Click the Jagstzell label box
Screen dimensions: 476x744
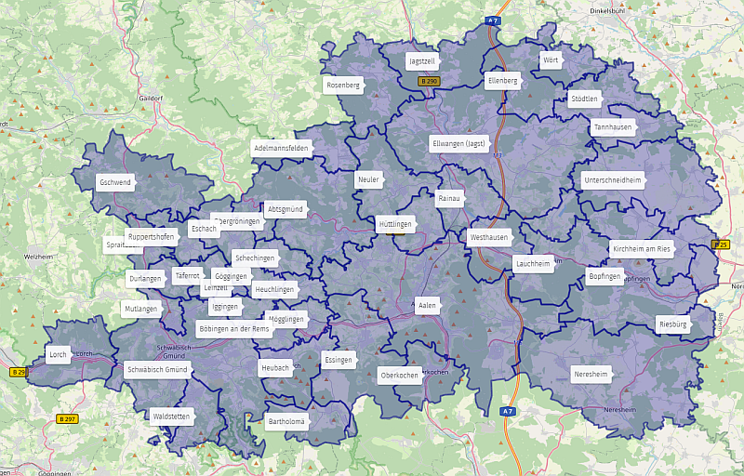(x=422, y=61)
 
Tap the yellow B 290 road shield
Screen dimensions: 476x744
(x=429, y=82)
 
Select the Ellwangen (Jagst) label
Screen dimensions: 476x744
(x=458, y=144)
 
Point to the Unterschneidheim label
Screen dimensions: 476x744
(x=613, y=179)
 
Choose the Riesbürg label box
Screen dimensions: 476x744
(x=671, y=324)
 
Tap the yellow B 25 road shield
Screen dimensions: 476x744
(x=721, y=245)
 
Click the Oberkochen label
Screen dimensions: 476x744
(x=399, y=376)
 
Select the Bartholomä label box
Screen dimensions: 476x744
(x=286, y=421)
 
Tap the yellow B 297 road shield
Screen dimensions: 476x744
(x=68, y=419)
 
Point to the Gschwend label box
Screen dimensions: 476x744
(x=115, y=182)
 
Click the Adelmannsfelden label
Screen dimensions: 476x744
(x=281, y=148)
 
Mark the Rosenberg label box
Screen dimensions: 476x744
(x=342, y=85)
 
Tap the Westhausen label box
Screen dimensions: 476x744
(x=489, y=237)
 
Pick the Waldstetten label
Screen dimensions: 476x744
(x=171, y=416)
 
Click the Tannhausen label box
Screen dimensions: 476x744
(x=612, y=127)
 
